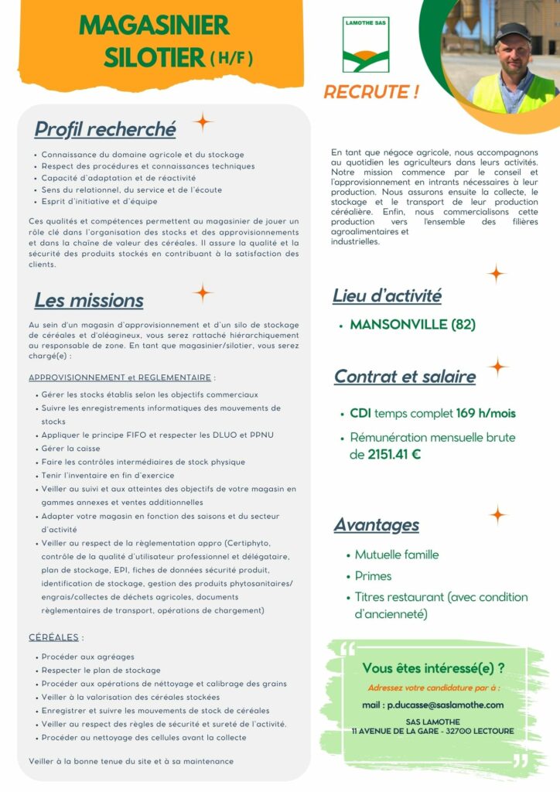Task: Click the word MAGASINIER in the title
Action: pyautogui.click(x=154, y=26)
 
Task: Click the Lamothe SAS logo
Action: pyautogui.click(x=366, y=44)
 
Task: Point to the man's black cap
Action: pyautogui.click(x=511, y=32)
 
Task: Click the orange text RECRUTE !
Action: pyautogui.click(x=371, y=92)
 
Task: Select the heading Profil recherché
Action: pyautogui.click(x=105, y=128)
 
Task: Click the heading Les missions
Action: pyautogui.click(x=89, y=300)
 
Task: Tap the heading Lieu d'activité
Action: pyautogui.click(x=387, y=295)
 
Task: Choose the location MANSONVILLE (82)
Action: pyautogui.click(x=412, y=325)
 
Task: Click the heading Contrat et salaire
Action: pyautogui.click(x=405, y=377)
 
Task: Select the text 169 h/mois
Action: pyautogui.click(x=486, y=414)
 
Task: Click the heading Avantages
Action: pyautogui.click(x=377, y=525)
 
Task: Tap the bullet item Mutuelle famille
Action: pyautogui.click(x=396, y=555)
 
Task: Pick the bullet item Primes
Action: pyautogui.click(x=373, y=576)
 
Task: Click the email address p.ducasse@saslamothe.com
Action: pyautogui.click(x=446, y=705)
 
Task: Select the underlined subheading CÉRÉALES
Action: pyautogui.click(x=54, y=637)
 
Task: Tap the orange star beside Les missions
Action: pyautogui.click(x=203, y=292)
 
